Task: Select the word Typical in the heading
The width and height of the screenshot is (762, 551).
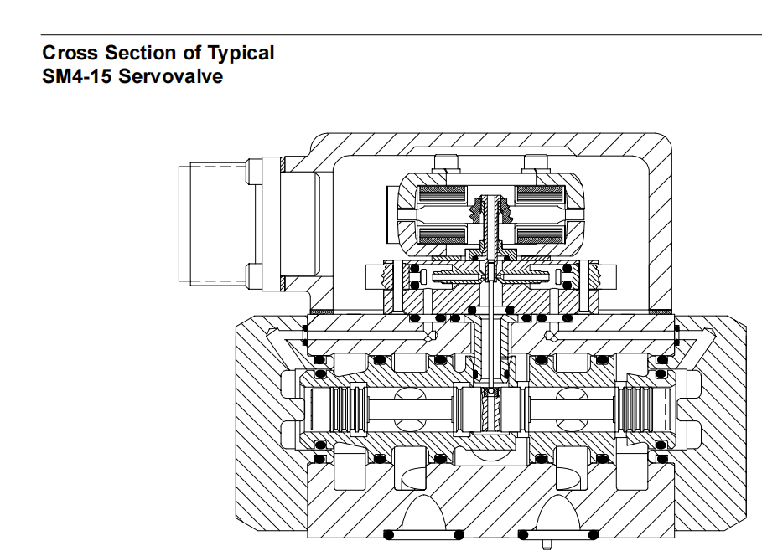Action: (241, 54)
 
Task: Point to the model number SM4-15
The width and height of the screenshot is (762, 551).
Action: (77, 76)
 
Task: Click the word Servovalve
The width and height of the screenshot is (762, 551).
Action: (170, 76)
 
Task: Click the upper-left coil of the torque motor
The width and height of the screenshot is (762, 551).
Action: (441, 194)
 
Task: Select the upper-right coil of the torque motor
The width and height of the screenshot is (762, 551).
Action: (539, 194)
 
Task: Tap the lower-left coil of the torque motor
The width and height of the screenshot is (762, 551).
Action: (441, 234)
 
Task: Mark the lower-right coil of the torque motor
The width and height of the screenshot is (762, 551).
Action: (539, 234)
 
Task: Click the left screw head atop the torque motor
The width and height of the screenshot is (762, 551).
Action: (446, 163)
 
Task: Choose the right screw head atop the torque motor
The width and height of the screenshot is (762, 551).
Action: (535, 163)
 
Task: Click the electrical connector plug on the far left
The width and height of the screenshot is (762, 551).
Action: (214, 224)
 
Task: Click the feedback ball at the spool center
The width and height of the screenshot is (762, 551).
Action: (491, 391)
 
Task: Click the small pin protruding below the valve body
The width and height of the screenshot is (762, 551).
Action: (547, 543)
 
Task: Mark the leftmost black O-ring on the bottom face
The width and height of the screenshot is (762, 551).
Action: (389, 535)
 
